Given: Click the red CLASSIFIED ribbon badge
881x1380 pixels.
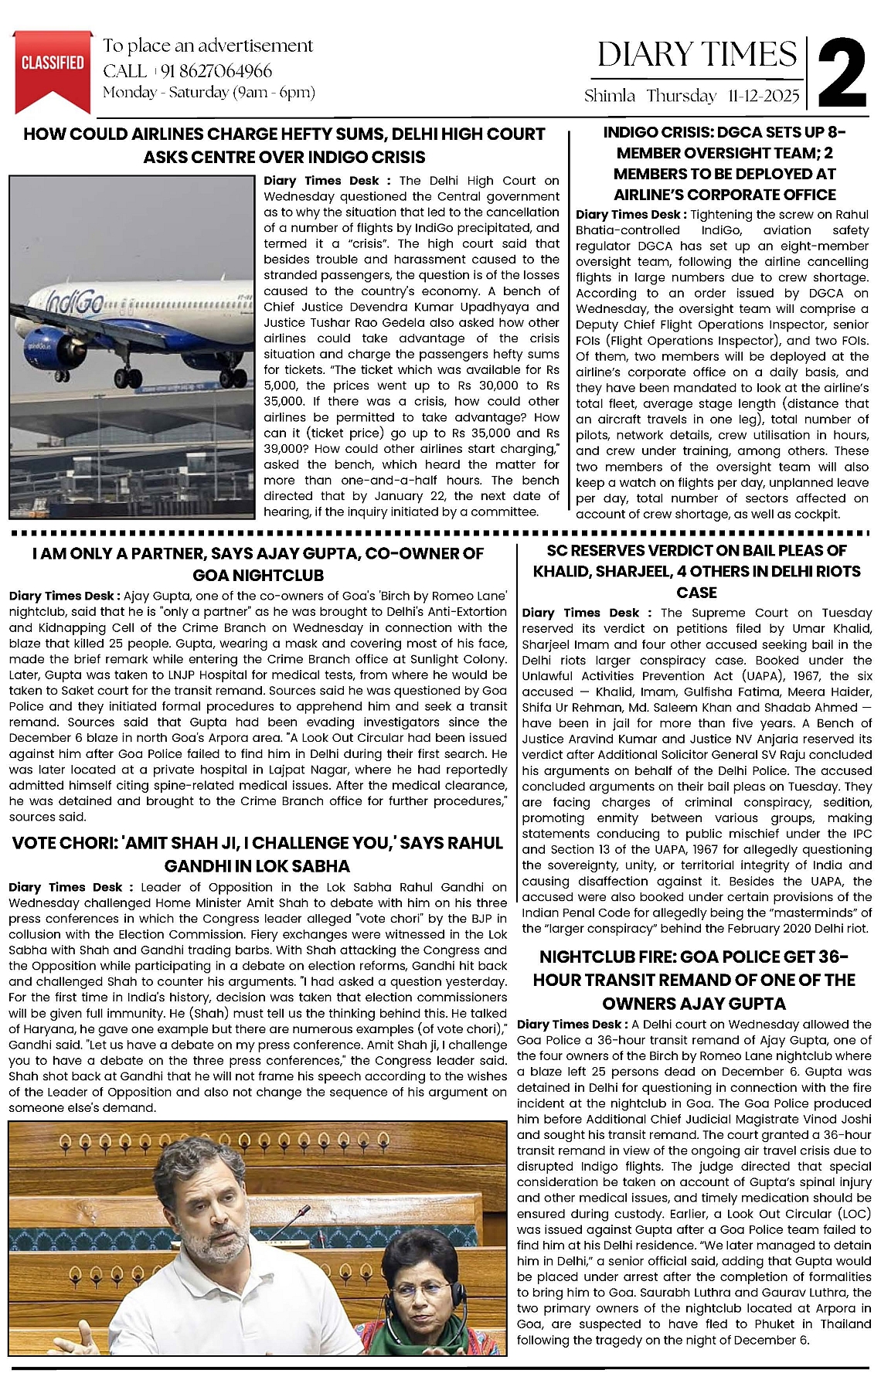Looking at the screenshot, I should [53, 66].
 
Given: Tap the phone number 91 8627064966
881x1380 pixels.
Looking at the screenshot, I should [216, 71].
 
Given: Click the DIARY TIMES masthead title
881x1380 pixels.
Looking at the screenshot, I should [696, 54].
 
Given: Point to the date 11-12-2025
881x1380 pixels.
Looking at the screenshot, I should [763, 96].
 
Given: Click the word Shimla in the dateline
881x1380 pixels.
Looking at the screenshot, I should [610, 96].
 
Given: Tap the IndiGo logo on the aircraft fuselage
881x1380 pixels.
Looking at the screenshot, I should [73, 306].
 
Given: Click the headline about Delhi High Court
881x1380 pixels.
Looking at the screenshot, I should [284, 145].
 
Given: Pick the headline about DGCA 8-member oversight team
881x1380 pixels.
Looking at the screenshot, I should [724, 163].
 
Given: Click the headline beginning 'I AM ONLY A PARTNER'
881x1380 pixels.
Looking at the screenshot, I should [258, 564].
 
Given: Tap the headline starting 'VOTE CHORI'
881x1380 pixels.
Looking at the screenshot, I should [257, 854].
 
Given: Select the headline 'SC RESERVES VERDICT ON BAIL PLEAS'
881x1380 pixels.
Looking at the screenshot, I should [696, 571].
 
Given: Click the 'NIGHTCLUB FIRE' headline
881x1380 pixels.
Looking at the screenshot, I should [694, 979].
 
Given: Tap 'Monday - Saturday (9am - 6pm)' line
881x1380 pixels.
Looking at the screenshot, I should [209, 93].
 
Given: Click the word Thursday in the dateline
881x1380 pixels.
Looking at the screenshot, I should [681, 96].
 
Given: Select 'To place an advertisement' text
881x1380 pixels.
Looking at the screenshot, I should [208, 46].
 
